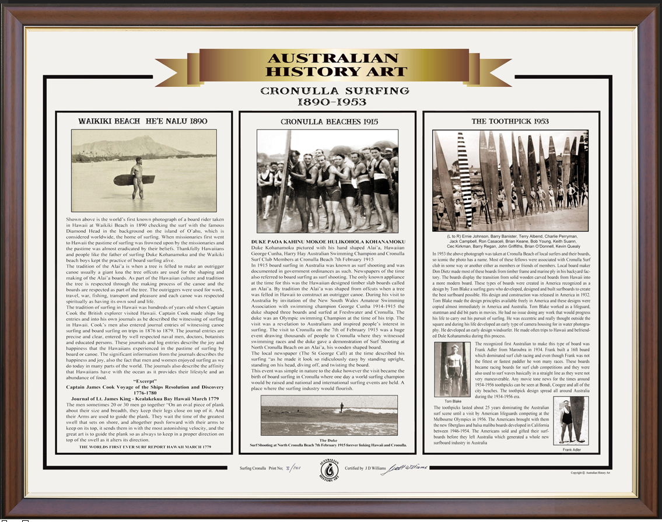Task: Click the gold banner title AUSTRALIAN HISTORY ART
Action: [331, 65]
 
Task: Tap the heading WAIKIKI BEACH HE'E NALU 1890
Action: [143, 121]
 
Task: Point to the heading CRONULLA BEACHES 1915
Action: [329, 122]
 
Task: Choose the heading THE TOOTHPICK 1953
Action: [510, 121]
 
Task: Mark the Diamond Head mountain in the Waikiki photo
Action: [134, 146]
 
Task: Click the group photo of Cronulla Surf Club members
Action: [327, 182]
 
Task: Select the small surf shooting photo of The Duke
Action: [328, 415]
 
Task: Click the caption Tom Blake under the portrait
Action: [453, 401]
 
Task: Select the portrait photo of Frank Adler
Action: [567, 421]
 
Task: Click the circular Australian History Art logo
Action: [330, 471]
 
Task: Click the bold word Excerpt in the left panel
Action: [143, 381]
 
